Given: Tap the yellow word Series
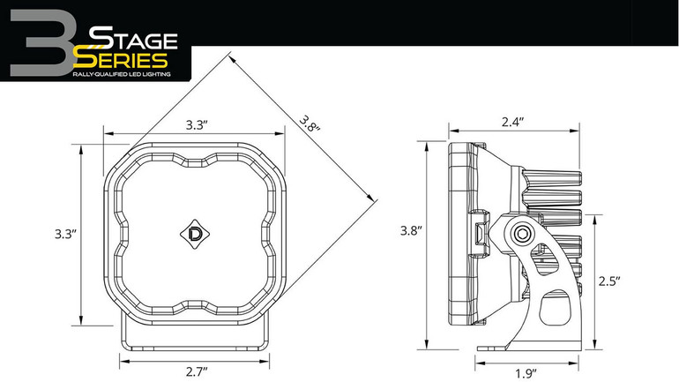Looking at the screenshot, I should (x=121, y=60).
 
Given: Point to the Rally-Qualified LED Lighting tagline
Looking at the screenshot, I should (x=121, y=75).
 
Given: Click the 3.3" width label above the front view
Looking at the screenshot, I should (x=196, y=125).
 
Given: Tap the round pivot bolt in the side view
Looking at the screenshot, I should (x=523, y=233).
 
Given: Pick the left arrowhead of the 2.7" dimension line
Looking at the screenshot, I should (x=123, y=359).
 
